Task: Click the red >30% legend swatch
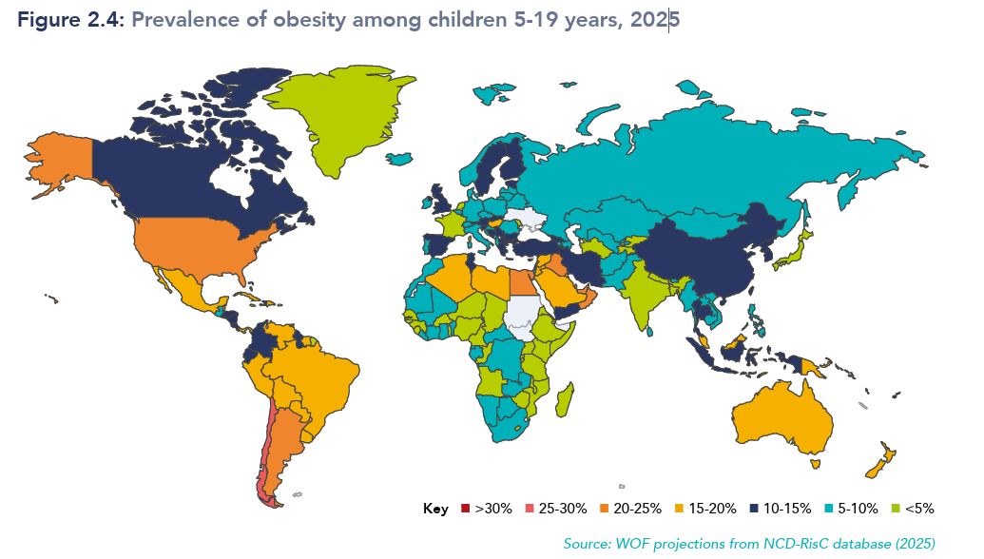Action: pos(465,509)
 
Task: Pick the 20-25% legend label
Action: pos(638,509)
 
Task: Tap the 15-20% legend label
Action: pos(712,509)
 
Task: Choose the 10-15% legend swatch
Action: pos(754,509)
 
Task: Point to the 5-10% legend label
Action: pos(858,509)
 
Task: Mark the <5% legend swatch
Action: pos(896,509)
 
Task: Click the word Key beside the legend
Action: pos(435,509)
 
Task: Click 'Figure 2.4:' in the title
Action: pos(71,20)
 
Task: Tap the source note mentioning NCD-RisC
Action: pos(749,544)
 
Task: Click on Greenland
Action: pos(336,113)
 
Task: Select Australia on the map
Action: pos(781,417)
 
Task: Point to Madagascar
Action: pos(565,400)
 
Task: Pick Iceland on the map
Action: pos(399,159)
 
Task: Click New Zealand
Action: pos(880,461)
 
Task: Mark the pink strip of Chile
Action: pos(266,452)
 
